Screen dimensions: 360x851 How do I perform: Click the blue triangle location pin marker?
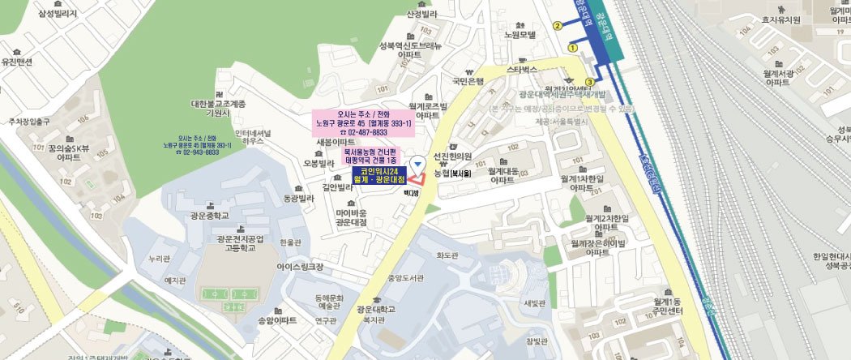coord(417,164)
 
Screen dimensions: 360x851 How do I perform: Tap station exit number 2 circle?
coord(558,26)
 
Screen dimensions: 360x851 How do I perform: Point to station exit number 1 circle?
coord(573,48)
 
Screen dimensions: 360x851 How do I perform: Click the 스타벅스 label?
coord(522,70)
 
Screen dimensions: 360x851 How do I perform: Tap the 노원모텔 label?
coord(520,34)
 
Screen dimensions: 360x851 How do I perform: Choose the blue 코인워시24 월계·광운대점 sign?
coord(379,175)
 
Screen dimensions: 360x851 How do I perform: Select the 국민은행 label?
coord(468,81)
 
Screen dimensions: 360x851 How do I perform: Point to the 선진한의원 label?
coord(452,156)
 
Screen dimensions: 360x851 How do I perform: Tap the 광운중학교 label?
coord(210,216)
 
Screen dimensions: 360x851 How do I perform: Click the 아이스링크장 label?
coord(299,266)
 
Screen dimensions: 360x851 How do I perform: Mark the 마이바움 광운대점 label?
coord(351,217)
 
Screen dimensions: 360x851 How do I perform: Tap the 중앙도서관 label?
coord(405,278)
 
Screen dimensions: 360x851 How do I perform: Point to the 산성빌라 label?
coord(421,14)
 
